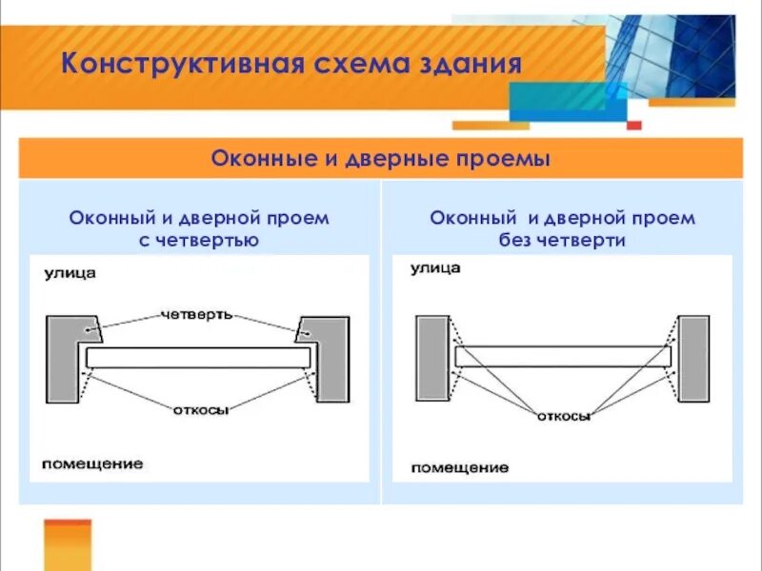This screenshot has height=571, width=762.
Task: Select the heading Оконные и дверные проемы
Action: (380, 158)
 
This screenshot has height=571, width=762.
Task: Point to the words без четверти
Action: (562, 241)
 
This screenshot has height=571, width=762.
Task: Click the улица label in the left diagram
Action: (69, 274)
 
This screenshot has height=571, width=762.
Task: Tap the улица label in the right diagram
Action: (435, 268)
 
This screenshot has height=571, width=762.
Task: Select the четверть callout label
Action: (197, 313)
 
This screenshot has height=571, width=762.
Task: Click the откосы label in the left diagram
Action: (199, 410)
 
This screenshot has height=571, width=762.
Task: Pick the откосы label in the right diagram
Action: (564, 416)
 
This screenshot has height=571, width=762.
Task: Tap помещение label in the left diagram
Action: (91, 463)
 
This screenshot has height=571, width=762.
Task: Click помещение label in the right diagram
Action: (459, 467)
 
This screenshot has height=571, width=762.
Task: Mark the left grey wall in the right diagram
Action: (431, 358)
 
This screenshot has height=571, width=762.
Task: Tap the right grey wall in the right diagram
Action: (693, 358)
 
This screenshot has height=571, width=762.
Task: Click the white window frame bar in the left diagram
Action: (198, 358)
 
